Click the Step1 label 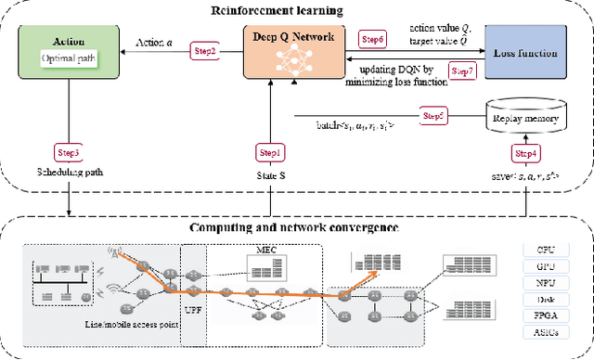point(268,151)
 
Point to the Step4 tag point(524,151)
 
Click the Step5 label point(433,116)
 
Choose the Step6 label point(371,40)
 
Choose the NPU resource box point(545,283)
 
